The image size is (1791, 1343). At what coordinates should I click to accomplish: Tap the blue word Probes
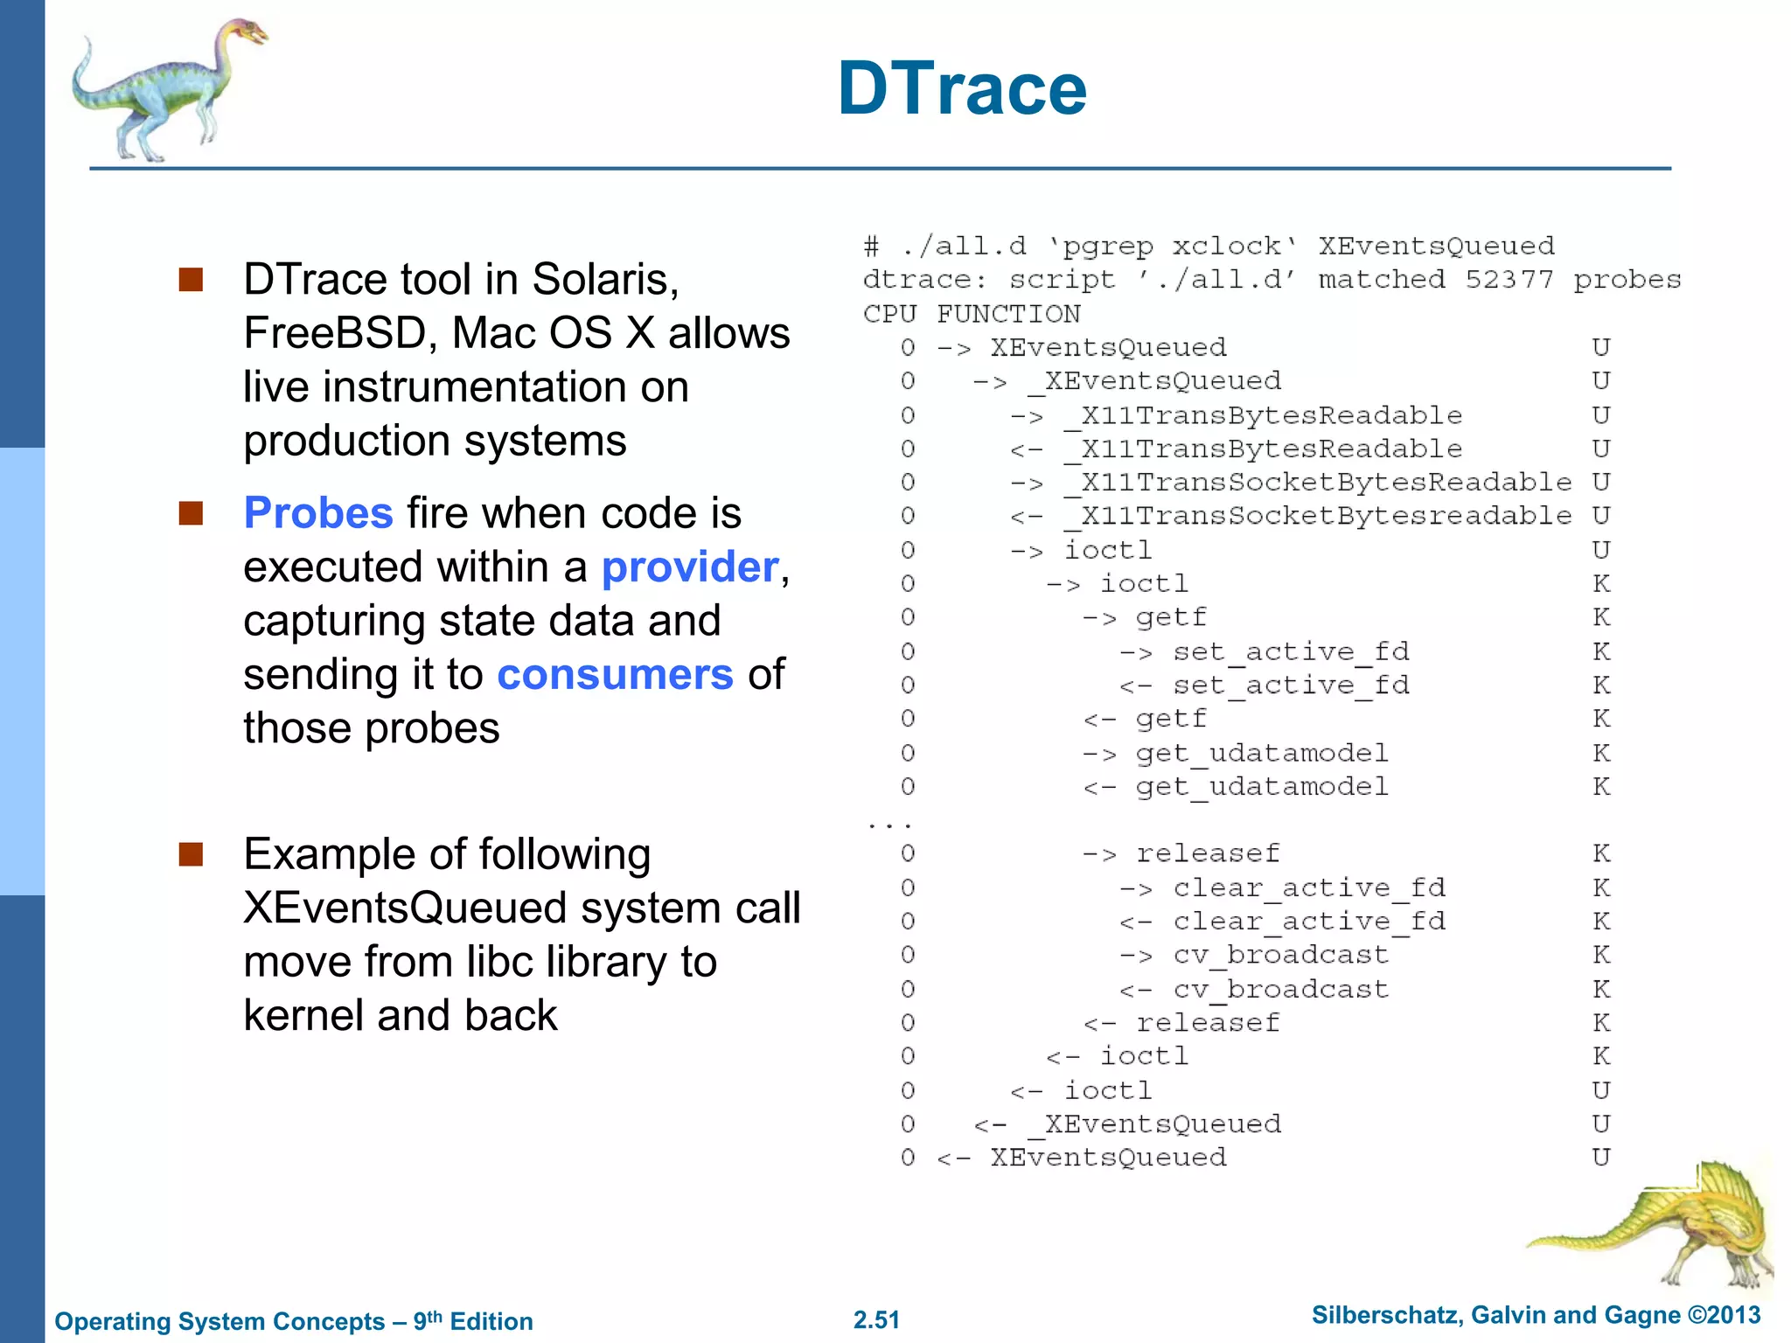318,513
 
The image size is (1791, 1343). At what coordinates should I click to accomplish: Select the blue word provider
690,567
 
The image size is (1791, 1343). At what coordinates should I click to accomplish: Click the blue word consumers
615,675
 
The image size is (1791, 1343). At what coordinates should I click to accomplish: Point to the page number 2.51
876,1319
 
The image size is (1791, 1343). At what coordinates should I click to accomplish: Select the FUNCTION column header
1008,314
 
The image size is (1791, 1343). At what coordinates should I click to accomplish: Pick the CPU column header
889,314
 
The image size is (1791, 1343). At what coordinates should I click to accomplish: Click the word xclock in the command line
1226,247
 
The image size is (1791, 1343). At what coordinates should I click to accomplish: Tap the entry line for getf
1170,618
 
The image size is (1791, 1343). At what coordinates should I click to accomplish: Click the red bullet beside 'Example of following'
191,853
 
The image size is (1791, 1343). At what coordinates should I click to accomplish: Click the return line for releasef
1207,1023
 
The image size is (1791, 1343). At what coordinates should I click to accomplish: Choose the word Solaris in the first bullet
604,280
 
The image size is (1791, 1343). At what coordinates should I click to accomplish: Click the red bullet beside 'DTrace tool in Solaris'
191,280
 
